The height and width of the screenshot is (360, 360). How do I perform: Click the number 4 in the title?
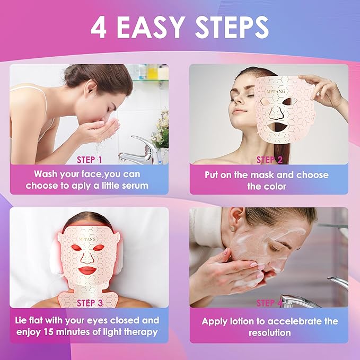99,28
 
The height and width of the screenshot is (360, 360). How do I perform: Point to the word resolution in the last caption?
269,333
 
